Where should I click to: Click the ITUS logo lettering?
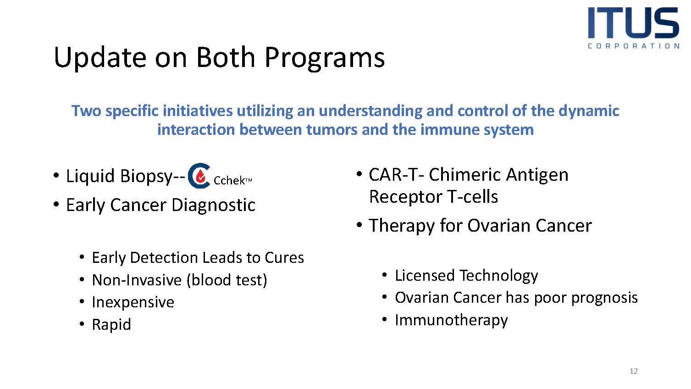coord(634,22)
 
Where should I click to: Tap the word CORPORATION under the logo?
coord(634,46)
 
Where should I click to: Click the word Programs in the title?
coord(325,58)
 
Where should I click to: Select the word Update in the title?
coord(100,58)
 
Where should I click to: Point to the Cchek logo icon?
coord(199,176)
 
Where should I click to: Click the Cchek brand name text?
coord(232,180)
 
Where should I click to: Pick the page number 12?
coord(634,371)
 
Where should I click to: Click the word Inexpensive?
coord(133,302)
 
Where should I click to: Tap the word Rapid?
coord(111,325)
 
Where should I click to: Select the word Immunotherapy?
coord(451,320)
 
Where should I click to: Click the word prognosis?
coord(604,298)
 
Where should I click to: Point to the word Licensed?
coord(425,275)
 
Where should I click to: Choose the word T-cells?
coord(472,197)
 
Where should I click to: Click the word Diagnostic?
coord(214,205)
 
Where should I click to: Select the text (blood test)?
coord(227,280)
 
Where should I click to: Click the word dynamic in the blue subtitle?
coord(589,111)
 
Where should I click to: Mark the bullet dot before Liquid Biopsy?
coord(56,176)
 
